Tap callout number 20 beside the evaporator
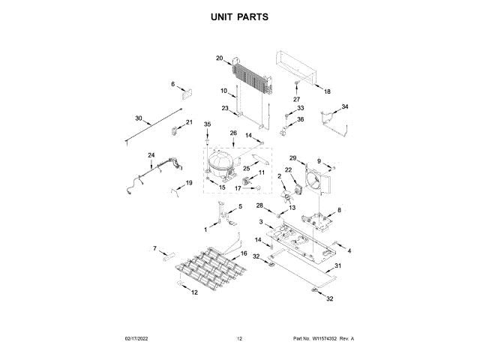pos(220,58)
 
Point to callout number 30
pos(138,118)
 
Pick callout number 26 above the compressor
pos(232,133)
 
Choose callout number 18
pos(327,91)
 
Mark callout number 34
pos(345,107)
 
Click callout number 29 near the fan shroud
pos(293,157)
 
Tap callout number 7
pos(155,248)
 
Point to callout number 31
pos(337,266)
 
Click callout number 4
pos(349,250)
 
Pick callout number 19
pos(189,182)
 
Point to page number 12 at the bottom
pos(239,339)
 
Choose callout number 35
pos(208,123)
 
